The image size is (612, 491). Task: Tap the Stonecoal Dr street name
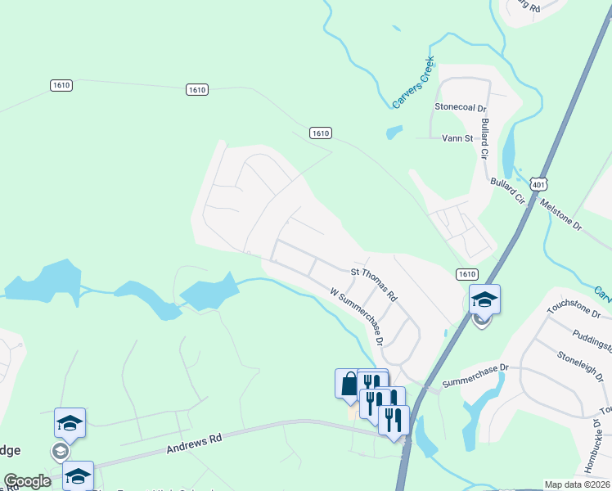coord(461,107)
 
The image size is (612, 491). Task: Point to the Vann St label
coord(457,138)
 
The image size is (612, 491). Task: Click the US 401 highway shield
coord(537,186)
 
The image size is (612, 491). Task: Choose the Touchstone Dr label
coord(574,309)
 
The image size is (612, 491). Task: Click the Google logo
coord(27,481)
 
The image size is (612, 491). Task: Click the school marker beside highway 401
coord(484,300)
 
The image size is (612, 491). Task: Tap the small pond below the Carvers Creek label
coord(394,131)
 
